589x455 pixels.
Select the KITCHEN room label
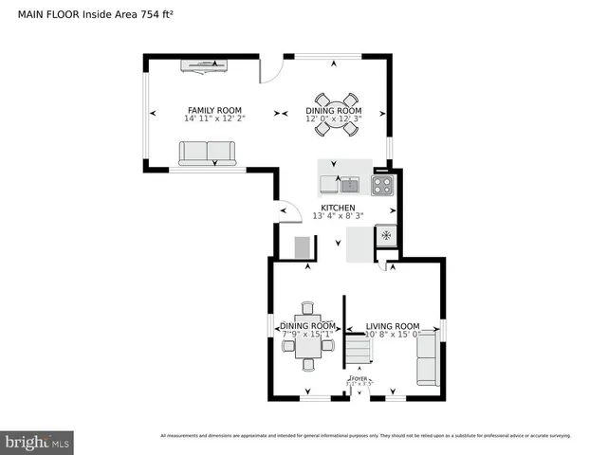point(338,208)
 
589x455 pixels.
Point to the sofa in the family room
point(208,153)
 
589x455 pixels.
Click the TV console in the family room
point(206,64)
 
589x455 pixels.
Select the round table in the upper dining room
point(337,112)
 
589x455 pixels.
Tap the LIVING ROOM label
point(393,325)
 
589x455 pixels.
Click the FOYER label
point(358,378)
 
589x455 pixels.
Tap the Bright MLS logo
point(38,442)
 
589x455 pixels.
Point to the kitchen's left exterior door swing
point(284,212)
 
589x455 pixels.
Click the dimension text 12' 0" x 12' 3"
point(334,119)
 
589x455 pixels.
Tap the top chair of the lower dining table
point(306,308)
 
